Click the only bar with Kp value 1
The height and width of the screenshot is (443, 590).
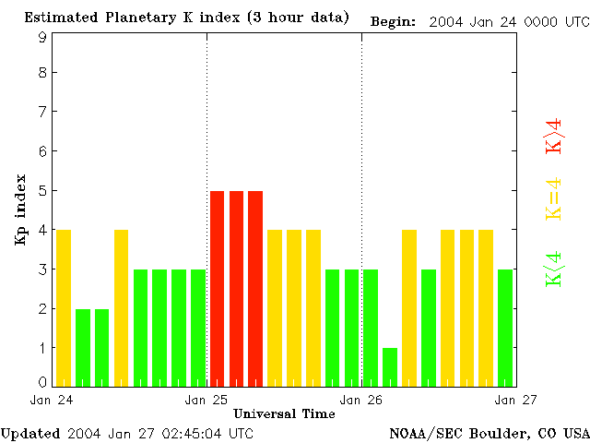[x=390, y=366]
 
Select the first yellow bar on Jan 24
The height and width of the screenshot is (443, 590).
[x=64, y=307]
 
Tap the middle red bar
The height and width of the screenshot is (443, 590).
[x=237, y=288]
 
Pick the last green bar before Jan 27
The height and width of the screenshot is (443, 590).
[x=505, y=328]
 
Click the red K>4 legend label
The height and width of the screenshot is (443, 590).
[x=554, y=137]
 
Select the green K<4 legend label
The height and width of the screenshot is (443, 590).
[x=554, y=269]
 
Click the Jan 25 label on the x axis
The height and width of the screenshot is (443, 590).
[x=206, y=400]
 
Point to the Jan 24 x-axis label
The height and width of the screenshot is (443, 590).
[x=52, y=400]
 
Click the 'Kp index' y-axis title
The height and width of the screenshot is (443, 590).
[x=20, y=210]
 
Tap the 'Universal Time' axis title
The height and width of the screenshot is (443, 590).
[x=284, y=413]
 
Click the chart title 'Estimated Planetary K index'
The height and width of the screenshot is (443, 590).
[x=186, y=18]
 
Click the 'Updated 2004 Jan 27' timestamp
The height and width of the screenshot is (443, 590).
[x=126, y=433]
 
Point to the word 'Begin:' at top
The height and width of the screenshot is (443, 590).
[x=394, y=21]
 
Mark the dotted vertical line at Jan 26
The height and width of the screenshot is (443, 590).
[x=361, y=185]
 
